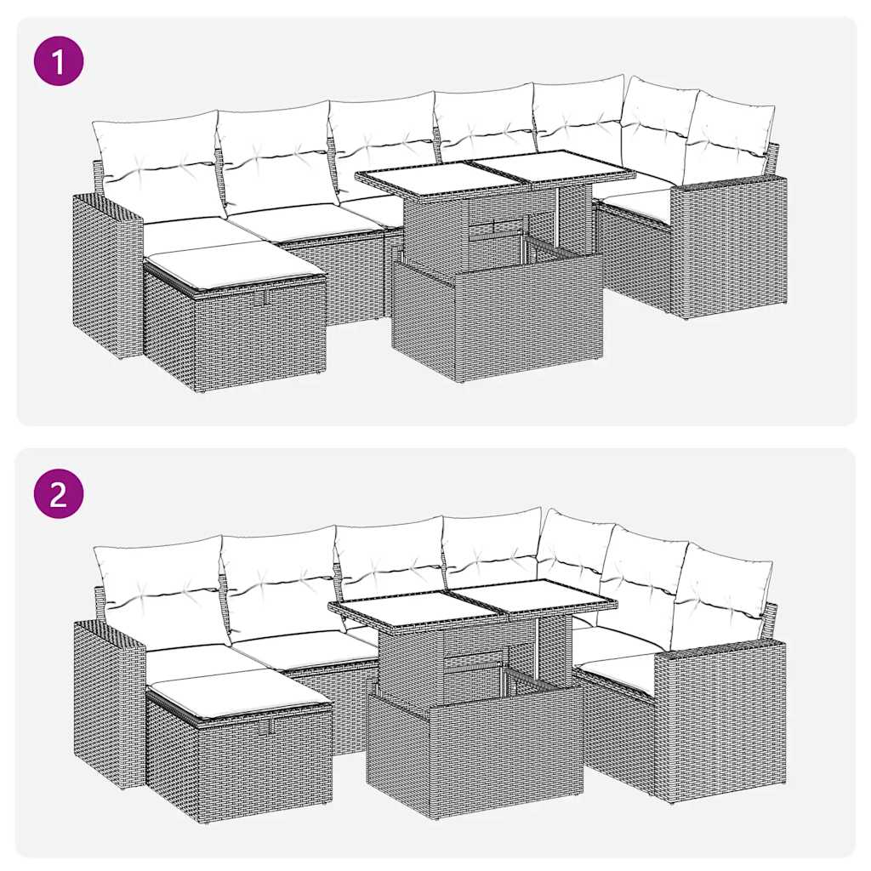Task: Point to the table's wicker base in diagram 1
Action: tap(498, 319)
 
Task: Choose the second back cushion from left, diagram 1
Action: tap(274, 156)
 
